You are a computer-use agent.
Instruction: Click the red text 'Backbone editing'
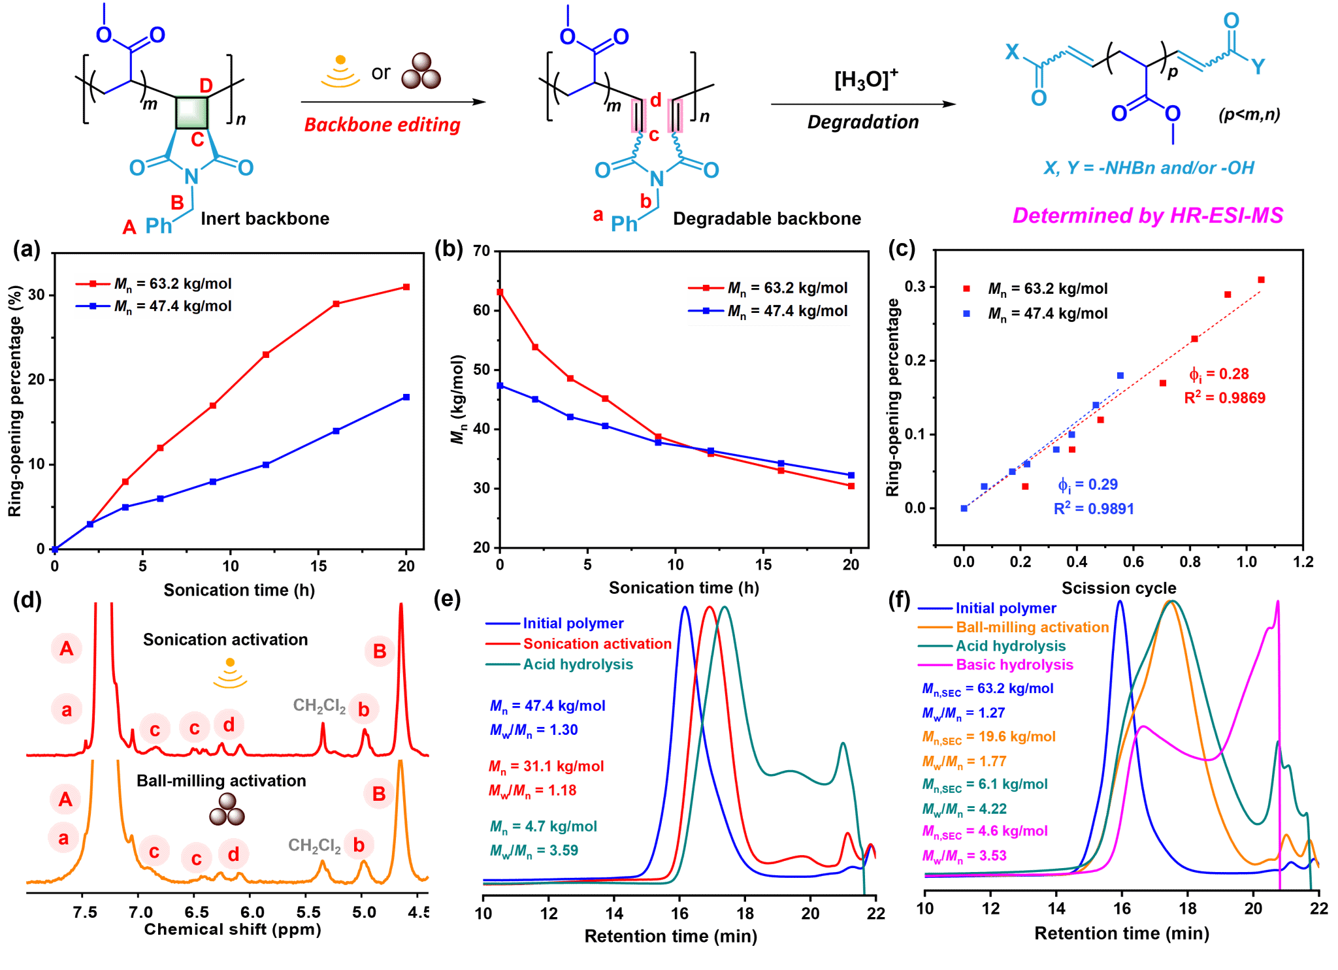382,124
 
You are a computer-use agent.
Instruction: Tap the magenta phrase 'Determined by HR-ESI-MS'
1148,215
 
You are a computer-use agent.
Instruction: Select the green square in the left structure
192,112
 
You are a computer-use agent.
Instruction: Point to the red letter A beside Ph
129,227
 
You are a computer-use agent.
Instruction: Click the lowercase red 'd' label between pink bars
655,100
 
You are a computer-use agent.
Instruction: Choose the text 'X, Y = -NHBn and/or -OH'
1149,168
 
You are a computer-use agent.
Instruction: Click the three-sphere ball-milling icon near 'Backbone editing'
421,71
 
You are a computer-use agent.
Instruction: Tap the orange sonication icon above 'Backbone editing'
340,72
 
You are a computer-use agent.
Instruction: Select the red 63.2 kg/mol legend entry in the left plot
154,283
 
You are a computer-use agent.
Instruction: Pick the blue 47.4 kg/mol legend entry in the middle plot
768,311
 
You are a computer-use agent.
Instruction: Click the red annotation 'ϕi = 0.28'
1219,374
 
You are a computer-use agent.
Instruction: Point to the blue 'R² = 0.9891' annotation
1094,509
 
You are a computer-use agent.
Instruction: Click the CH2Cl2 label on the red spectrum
319,706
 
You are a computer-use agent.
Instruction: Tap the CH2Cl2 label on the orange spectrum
314,846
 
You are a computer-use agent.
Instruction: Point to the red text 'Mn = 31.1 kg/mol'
546,766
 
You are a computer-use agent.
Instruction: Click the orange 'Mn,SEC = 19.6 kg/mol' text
988,737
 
